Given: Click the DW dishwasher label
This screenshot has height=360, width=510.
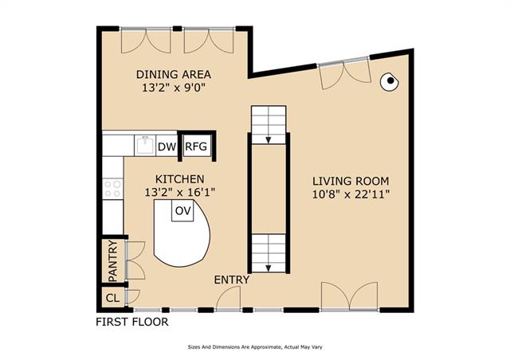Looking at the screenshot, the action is coord(167,147).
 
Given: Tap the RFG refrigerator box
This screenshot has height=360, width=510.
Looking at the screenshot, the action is coord(196,147).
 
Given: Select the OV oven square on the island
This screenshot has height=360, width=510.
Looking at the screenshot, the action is coord(182,211).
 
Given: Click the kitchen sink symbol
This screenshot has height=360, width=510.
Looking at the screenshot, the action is coord(145,145).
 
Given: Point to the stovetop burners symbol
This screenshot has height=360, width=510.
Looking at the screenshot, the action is coord(112,190).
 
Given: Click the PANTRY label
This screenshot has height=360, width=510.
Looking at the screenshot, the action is coord(112,260).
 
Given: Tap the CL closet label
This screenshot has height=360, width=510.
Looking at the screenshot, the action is coord(112,298).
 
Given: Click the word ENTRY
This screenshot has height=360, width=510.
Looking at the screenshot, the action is coord(232,280).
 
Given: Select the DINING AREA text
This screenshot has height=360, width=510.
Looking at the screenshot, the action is coord(174,75).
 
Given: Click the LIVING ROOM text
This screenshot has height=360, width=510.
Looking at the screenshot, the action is coord(351,181).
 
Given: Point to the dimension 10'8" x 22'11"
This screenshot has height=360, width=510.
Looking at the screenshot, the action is coord(351,194).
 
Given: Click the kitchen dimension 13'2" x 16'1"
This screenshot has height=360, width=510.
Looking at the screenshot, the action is coord(180,193).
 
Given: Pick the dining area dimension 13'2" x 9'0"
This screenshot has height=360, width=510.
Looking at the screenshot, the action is coord(174,88).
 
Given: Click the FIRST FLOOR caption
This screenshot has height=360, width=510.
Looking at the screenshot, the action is coord(132,322).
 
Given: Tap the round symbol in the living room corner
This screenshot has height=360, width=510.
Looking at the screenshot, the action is coord(390,81).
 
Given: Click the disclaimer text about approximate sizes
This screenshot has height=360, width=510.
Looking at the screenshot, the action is coord(255,347).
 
